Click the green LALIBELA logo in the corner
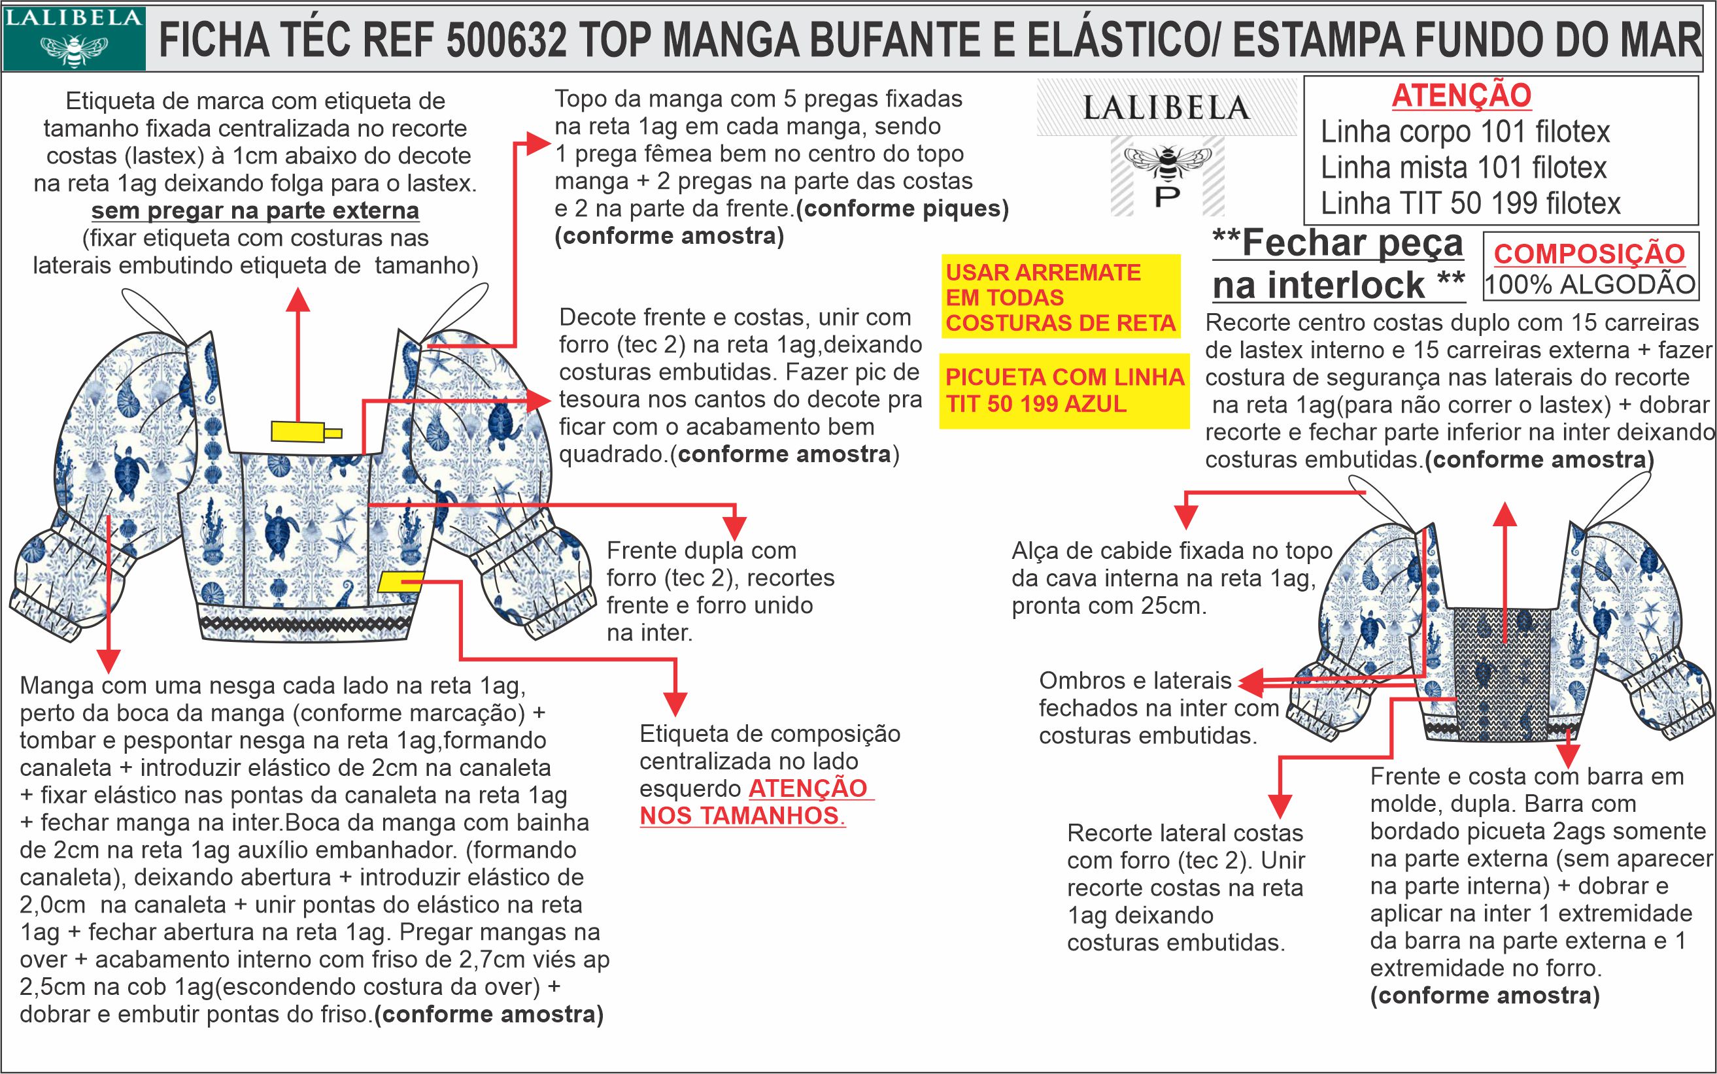tap(74, 39)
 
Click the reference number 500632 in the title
tap(507, 40)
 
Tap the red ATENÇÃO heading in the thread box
tap(1461, 96)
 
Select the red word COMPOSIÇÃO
tap(1589, 254)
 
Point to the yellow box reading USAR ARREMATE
tap(1061, 297)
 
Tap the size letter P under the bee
tap(1166, 196)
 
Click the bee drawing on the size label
tap(1167, 163)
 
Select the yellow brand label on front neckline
tap(306, 431)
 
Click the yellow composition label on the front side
tap(401, 582)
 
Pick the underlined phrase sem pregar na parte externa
tap(255, 211)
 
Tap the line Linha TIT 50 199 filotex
tap(1470, 204)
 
